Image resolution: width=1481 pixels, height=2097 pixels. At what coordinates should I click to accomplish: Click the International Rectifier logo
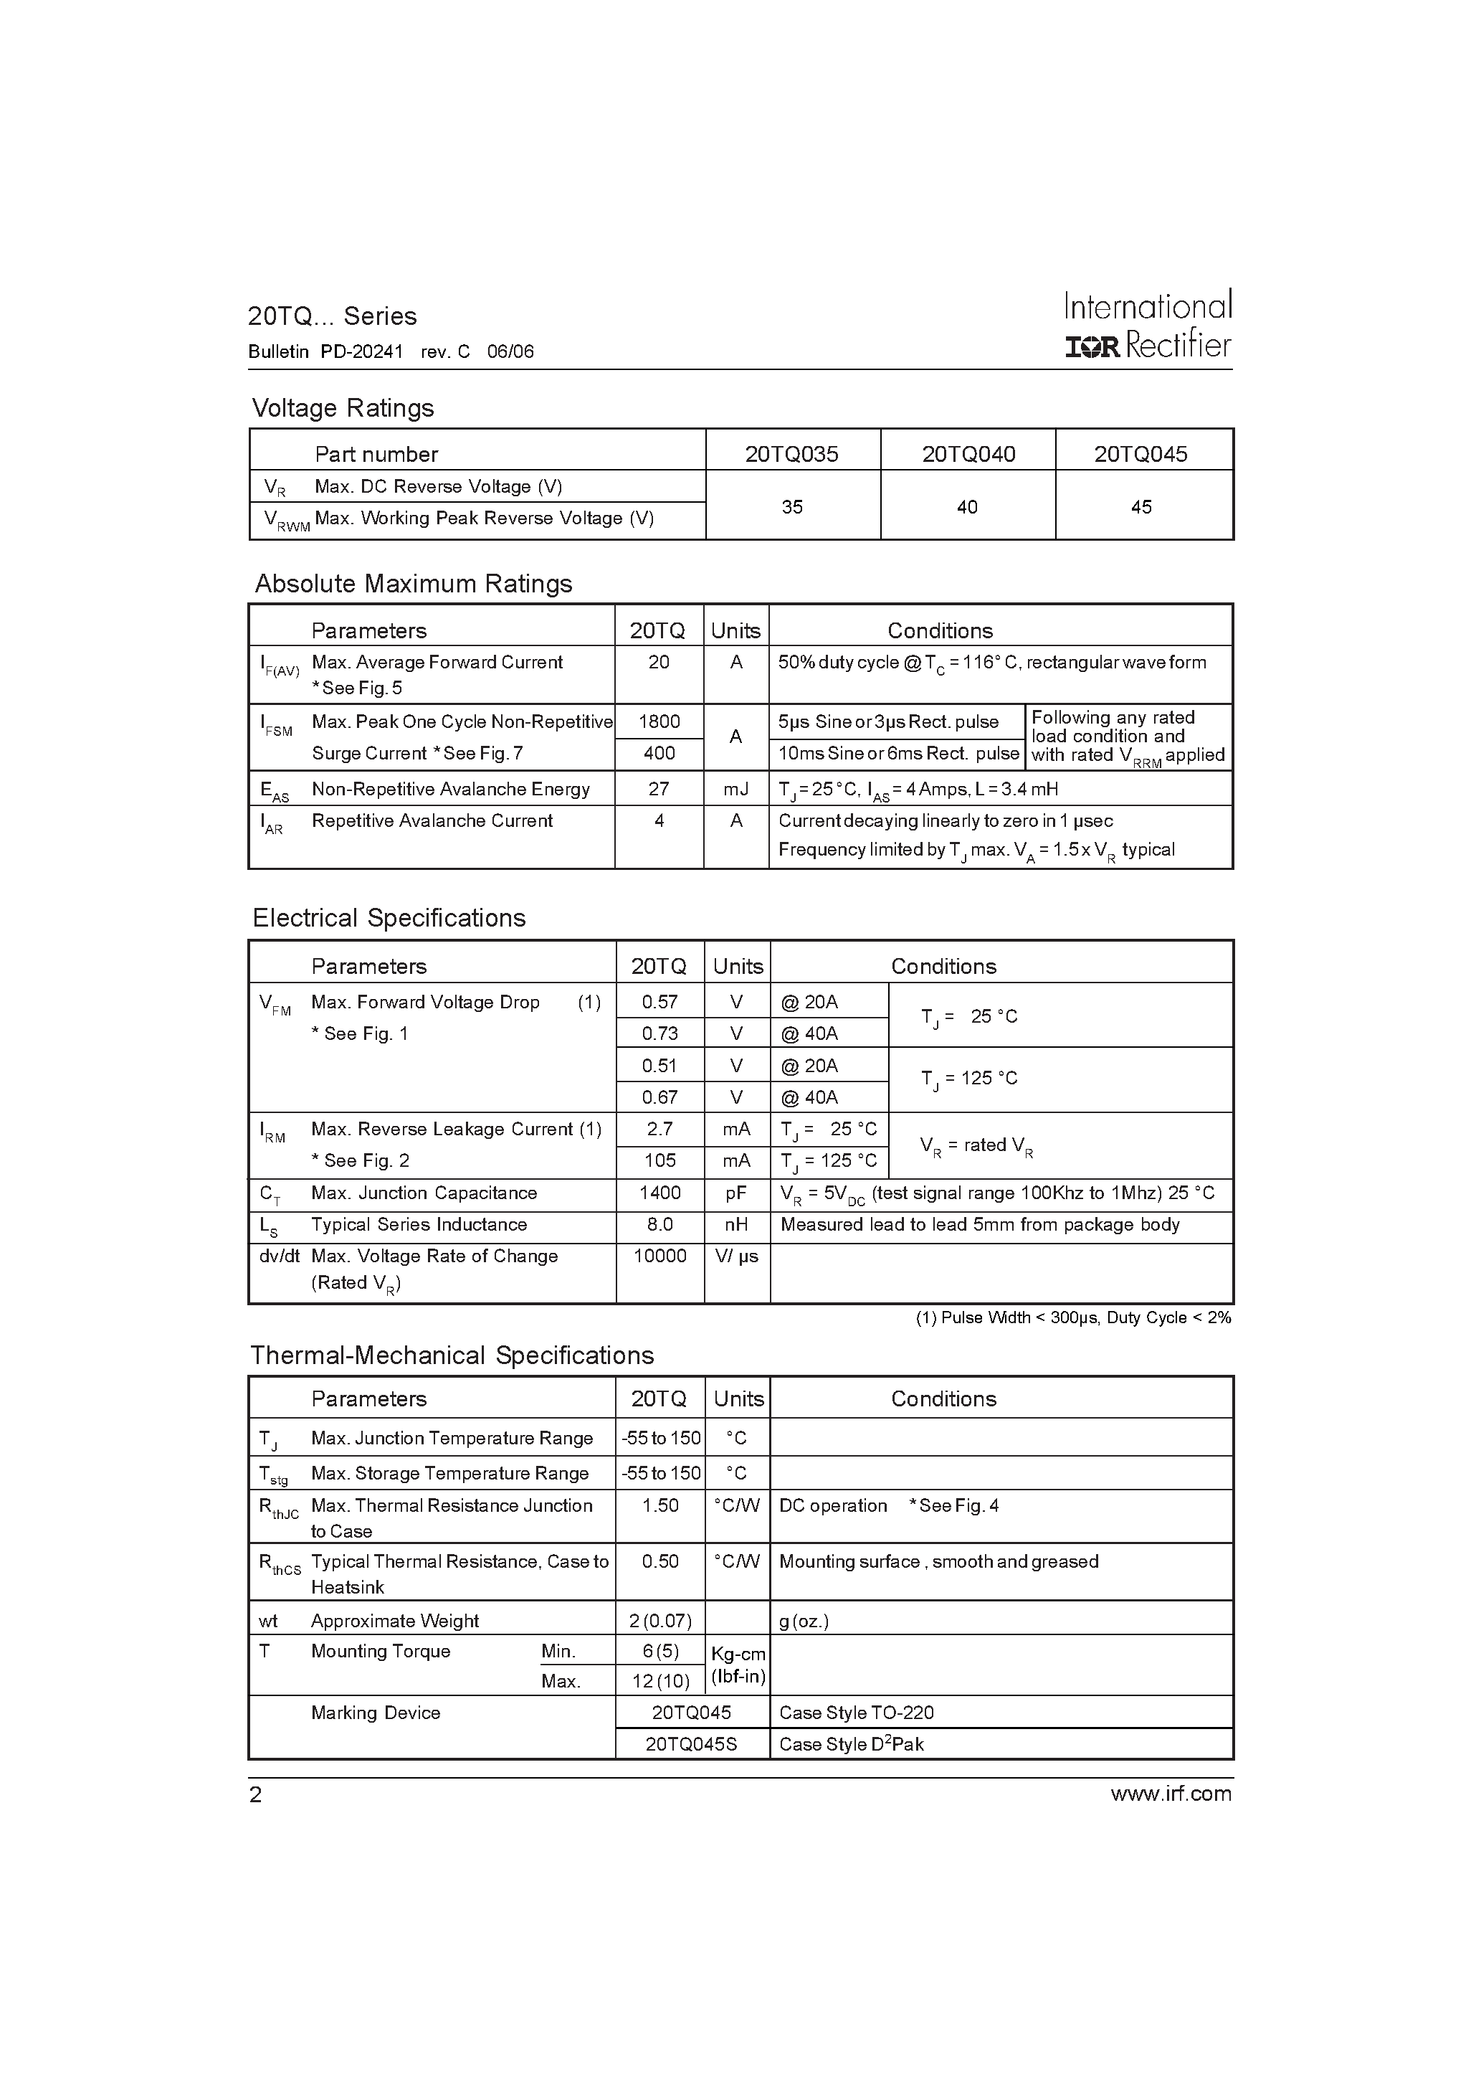(x=1148, y=325)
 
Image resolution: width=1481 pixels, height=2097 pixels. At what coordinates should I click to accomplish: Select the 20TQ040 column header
(x=968, y=454)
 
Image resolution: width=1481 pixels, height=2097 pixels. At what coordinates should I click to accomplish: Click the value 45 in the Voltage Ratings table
(x=1141, y=507)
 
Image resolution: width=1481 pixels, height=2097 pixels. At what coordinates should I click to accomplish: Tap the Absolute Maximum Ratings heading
(x=413, y=584)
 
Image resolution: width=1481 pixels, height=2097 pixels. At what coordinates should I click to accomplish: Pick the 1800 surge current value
(x=659, y=721)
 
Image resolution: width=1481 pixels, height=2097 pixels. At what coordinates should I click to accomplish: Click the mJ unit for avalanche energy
(x=736, y=789)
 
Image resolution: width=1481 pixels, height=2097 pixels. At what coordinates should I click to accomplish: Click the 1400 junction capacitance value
(x=659, y=1193)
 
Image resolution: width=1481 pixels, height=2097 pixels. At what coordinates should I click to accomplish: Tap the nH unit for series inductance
(x=736, y=1225)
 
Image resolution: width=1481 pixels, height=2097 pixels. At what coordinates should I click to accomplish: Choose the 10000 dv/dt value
(x=659, y=1256)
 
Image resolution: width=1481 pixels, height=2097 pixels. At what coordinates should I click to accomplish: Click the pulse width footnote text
(x=1073, y=1318)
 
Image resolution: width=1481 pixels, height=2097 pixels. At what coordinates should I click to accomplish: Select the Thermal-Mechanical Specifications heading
(x=452, y=1355)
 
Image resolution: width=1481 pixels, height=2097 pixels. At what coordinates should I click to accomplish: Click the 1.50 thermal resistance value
(x=659, y=1506)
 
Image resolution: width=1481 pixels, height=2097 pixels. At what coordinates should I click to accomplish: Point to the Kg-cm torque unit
(x=738, y=1654)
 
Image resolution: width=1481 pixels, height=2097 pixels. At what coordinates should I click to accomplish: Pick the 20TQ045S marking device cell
(x=691, y=1744)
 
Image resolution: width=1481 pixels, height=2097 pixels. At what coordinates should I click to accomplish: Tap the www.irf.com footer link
(x=1171, y=1794)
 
